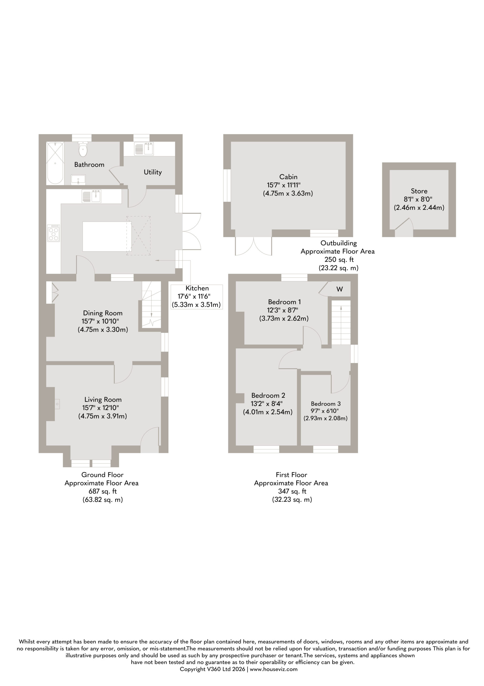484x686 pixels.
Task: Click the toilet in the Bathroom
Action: [83, 149]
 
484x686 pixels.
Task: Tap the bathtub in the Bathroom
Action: [55, 163]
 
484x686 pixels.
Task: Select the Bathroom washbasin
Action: [78, 180]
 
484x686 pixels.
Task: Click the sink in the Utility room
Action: [144, 148]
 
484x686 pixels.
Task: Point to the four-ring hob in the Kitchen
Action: [54, 233]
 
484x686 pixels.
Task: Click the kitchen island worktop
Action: [107, 236]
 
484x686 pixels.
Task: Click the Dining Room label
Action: [103, 313]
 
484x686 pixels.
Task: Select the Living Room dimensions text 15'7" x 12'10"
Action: [101, 408]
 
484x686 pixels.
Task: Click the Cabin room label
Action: [288, 177]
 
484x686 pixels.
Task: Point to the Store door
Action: [404, 228]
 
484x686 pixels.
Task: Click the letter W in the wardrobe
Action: [340, 289]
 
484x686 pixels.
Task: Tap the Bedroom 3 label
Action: [326, 404]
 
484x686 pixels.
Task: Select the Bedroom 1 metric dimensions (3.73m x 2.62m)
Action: [284, 319]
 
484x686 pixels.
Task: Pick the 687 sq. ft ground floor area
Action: [103, 491]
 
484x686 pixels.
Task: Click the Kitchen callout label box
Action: [197, 297]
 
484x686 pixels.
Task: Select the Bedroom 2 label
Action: [268, 396]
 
